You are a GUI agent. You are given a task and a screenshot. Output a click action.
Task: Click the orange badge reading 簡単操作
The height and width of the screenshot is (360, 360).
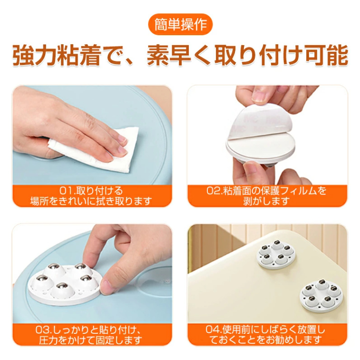pos(180,24)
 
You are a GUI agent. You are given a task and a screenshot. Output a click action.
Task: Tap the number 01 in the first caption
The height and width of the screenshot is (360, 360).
pos(65,191)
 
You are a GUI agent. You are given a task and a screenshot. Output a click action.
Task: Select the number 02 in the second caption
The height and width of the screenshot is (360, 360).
pos(212,191)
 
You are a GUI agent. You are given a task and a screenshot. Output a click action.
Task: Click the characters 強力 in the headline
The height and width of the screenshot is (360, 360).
pos(34,56)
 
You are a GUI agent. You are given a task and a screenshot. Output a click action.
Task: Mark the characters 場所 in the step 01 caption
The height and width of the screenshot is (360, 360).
pos(39,201)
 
